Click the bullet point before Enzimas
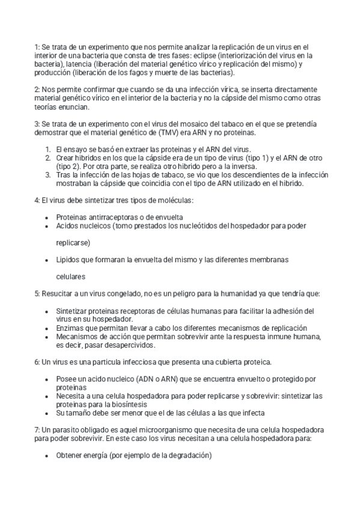tap(48, 328)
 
